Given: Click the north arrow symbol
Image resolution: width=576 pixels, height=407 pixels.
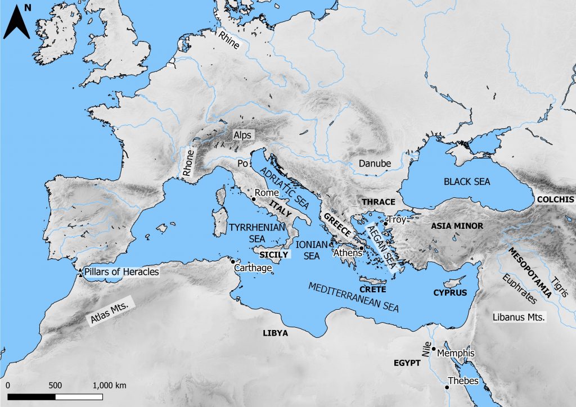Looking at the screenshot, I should (x=16, y=22).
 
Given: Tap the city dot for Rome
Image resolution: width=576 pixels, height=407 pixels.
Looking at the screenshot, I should (x=254, y=199).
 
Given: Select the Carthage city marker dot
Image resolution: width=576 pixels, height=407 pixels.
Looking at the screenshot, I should (x=232, y=261).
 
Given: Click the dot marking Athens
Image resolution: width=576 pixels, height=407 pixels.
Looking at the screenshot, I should (x=362, y=247).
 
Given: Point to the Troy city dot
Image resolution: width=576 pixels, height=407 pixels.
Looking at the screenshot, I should (x=385, y=224).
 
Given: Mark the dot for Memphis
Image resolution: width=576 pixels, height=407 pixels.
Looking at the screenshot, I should (x=434, y=349).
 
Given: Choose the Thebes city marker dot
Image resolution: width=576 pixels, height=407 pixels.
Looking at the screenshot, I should (x=447, y=387).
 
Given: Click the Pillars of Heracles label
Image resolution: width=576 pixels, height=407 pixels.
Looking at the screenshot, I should (x=121, y=272).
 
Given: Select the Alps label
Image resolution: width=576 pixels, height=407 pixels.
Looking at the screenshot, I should (x=243, y=135).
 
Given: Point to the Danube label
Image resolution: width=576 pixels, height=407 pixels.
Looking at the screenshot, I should (x=374, y=164).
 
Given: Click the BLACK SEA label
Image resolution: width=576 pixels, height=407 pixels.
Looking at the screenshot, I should (x=467, y=182).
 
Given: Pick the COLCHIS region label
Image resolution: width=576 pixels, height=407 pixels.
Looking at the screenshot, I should (x=555, y=200).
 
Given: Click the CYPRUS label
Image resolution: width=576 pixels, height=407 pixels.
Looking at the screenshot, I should (x=450, y=293).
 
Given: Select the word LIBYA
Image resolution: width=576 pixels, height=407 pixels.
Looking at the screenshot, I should (x=275, y=333).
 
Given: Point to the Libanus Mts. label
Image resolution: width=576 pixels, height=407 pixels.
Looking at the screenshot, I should (x=519, y=318).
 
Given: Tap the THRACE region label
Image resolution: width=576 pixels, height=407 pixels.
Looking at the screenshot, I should (x=379, y=202).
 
